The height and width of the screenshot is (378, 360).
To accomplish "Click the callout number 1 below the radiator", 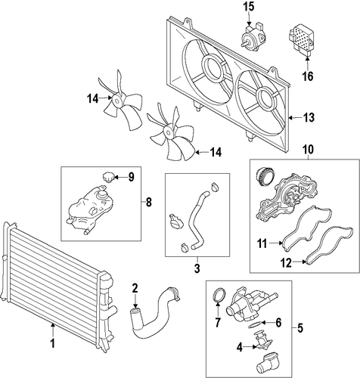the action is (53, 343).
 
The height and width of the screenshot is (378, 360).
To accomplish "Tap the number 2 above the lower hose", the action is (135, 288).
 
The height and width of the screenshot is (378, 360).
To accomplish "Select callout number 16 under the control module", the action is (308, 76).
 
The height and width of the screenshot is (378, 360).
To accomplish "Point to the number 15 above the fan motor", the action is (249, 7).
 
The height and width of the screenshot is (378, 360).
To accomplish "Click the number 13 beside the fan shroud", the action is (309, 117).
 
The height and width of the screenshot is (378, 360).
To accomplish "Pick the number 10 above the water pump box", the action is (309, 150).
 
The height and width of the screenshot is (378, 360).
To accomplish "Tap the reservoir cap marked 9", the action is (109, 177).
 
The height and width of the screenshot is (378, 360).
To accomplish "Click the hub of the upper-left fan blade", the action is (116, 101).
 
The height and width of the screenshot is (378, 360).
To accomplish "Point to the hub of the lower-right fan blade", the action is (167, 132).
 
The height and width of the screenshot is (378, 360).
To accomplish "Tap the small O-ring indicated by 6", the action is (255, 325).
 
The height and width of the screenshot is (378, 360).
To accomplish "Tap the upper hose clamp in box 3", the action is (215, 187).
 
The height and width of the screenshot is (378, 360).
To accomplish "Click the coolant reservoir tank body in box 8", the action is (92, 210).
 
